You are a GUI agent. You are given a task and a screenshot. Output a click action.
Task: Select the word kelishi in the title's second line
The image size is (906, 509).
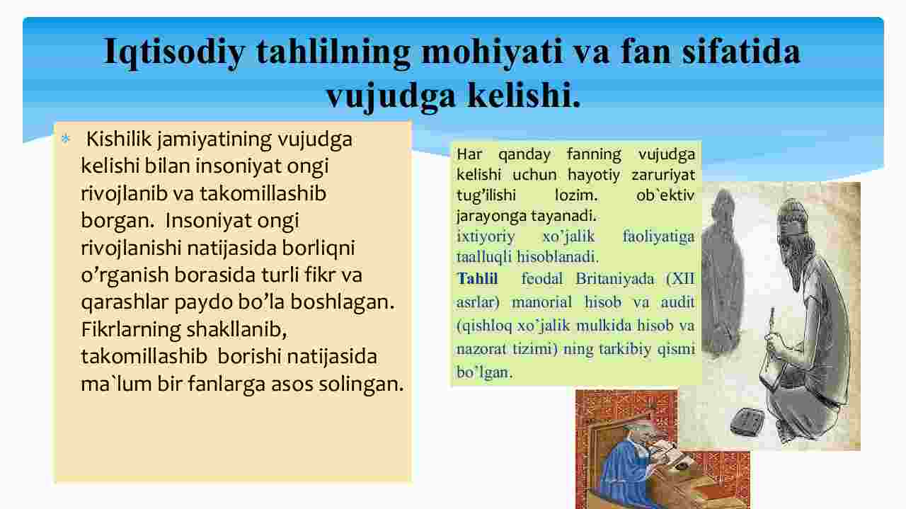point(523,96)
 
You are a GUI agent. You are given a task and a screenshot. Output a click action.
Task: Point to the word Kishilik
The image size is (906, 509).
point(119,139)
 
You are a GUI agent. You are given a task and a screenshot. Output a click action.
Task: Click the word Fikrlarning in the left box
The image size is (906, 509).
point(131,329)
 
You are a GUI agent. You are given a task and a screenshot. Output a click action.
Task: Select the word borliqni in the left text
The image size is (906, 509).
point(319,248)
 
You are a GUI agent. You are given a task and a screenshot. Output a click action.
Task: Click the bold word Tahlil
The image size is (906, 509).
point(477,279)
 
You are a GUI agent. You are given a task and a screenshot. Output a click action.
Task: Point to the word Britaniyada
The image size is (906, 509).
point(615,279)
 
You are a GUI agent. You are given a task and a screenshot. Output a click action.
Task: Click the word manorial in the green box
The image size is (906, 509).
point(542,302)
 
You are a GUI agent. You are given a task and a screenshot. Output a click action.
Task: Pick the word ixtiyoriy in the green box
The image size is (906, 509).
point(486,236)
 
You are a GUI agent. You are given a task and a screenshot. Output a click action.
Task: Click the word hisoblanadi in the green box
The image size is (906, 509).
point(557,257)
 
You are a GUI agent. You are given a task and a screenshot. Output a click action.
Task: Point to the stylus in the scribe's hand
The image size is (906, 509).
point(771,324)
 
